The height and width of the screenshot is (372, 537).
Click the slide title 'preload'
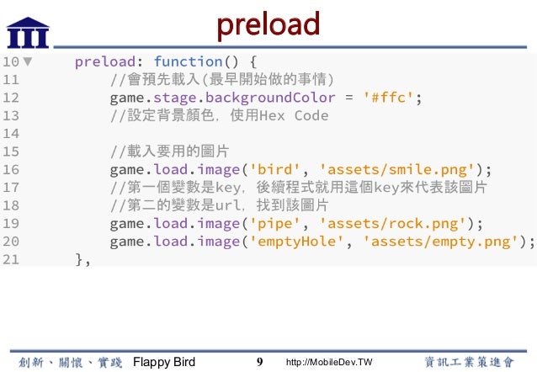(268, 24)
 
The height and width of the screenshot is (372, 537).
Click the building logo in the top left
(28, 30)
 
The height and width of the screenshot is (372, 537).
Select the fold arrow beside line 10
(28, 61)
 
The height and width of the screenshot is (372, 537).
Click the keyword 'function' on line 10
(189, 61)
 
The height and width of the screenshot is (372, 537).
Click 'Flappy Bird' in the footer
(165, 362)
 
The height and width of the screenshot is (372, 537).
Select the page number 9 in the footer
(260, 362)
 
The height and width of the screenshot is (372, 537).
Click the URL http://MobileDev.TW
(329, 362)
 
